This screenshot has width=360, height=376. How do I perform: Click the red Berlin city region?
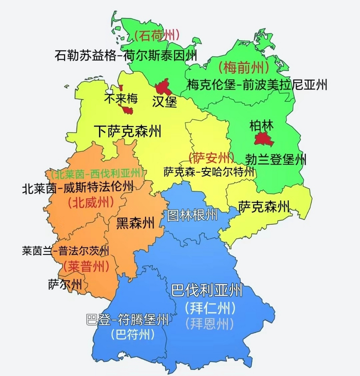[263, 139]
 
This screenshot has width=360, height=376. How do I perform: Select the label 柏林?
[261, 126]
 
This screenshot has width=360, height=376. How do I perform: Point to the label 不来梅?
[121, 99]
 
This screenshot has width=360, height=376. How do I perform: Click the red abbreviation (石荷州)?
[157, 36]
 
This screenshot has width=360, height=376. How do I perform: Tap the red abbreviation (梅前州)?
[243, 68]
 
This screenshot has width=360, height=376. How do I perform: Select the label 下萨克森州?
[128, 131]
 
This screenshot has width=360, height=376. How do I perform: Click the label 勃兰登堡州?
[276, 160]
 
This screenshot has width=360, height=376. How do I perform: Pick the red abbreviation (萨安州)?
[211, 158]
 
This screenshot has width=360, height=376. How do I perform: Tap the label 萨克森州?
[264, 207]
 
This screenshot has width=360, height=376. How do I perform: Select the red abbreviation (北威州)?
[91, 203]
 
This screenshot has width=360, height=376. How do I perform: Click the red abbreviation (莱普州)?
[86, 267]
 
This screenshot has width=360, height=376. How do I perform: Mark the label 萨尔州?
[65, 284]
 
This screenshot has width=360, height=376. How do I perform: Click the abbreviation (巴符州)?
[133, 335]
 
